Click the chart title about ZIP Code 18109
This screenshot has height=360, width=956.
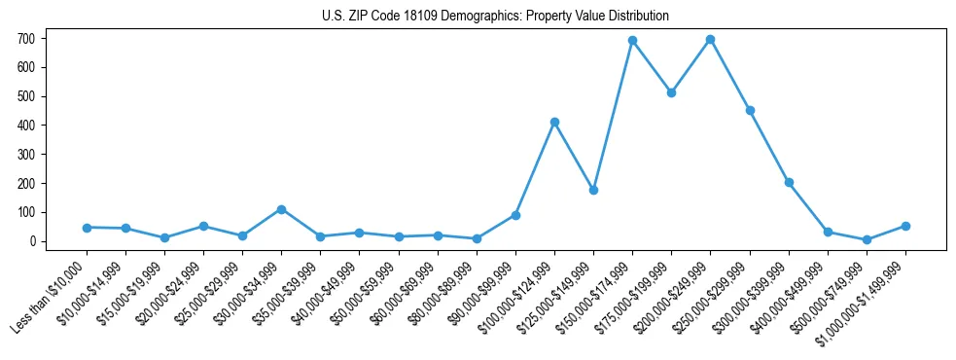495,16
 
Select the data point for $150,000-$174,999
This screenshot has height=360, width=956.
632,41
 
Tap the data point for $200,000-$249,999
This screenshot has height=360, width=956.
710,40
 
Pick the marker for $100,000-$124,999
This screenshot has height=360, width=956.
554,122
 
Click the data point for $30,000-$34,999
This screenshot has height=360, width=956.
281,209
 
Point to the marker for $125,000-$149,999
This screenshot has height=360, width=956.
593,190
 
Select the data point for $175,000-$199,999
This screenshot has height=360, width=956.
671,92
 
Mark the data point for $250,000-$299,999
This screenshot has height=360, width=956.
750,110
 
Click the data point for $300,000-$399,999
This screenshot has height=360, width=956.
789,182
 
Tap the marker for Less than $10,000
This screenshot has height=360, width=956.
87,228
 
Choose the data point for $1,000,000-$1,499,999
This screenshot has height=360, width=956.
905,226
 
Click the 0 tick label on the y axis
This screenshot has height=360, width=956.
32,241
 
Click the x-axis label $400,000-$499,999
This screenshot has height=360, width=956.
792,294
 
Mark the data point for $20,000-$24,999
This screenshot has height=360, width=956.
203,226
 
